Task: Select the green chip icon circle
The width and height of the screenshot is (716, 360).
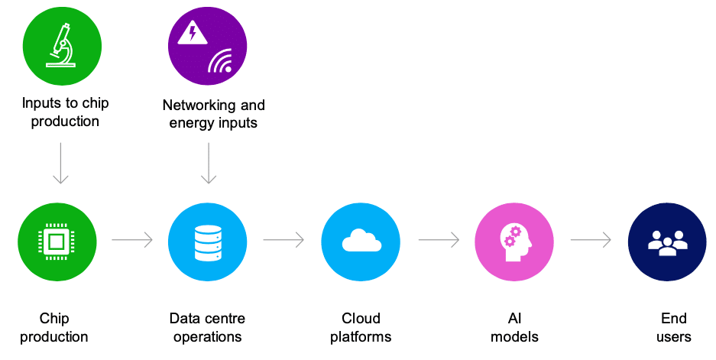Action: [57, 242]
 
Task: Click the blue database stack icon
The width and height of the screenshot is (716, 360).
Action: [208, 242]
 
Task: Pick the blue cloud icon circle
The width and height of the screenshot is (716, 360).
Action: [361, 242]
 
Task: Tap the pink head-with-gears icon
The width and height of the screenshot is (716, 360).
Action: [514, 242]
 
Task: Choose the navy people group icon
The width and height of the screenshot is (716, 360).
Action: [667, 242]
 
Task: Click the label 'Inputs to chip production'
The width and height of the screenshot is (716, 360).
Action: [60, 112]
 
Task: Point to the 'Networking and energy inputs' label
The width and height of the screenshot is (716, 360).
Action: [213, 114]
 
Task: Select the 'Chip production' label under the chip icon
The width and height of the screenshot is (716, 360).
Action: [54, 327]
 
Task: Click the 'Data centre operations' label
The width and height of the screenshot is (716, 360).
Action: [207, 327]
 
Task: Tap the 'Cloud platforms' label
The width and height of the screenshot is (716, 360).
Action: [361, 327]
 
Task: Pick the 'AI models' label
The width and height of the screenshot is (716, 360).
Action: [514, 327]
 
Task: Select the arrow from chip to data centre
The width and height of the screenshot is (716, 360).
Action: [132, 241]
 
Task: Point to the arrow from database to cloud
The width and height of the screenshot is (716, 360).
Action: [283, 241]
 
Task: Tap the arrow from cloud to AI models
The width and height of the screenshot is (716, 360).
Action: [438, 241]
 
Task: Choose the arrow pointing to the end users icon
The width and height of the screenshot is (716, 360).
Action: [591, 241]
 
